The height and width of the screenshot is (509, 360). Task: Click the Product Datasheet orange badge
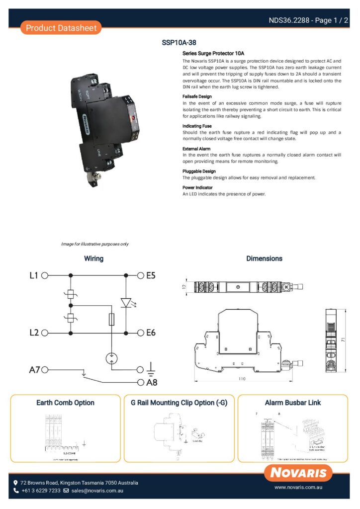coord(61,28)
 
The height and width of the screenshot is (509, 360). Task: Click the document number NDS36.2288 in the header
coord(290,20)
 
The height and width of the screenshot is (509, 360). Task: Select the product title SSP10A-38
coord(182,43)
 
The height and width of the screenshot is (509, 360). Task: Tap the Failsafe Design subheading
coord(197,96)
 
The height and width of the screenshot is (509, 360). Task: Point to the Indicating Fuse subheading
coord(197,126)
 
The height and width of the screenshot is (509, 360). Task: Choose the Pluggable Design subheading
coord(199,171)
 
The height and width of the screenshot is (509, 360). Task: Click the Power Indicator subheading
coord(197,187)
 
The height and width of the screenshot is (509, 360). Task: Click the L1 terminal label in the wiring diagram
coord(33,275)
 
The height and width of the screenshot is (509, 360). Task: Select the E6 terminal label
coord(151,333)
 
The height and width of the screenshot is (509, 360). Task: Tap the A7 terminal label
coord(33,370)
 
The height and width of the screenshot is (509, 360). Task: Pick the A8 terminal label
coord(151,383)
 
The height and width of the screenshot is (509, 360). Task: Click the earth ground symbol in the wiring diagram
coord(151,370)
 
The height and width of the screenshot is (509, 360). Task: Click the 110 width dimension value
coord(242,379)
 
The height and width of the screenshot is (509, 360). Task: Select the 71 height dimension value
coord(343,339)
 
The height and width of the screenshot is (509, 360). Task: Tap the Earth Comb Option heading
coord(65,403)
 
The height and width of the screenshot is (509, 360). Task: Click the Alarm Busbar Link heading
coord(293,403)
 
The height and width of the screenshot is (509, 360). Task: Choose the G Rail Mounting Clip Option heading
coord(179,403)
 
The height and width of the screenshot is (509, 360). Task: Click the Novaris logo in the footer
coord(298,473)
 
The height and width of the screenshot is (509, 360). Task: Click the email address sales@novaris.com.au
coord(97,491)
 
